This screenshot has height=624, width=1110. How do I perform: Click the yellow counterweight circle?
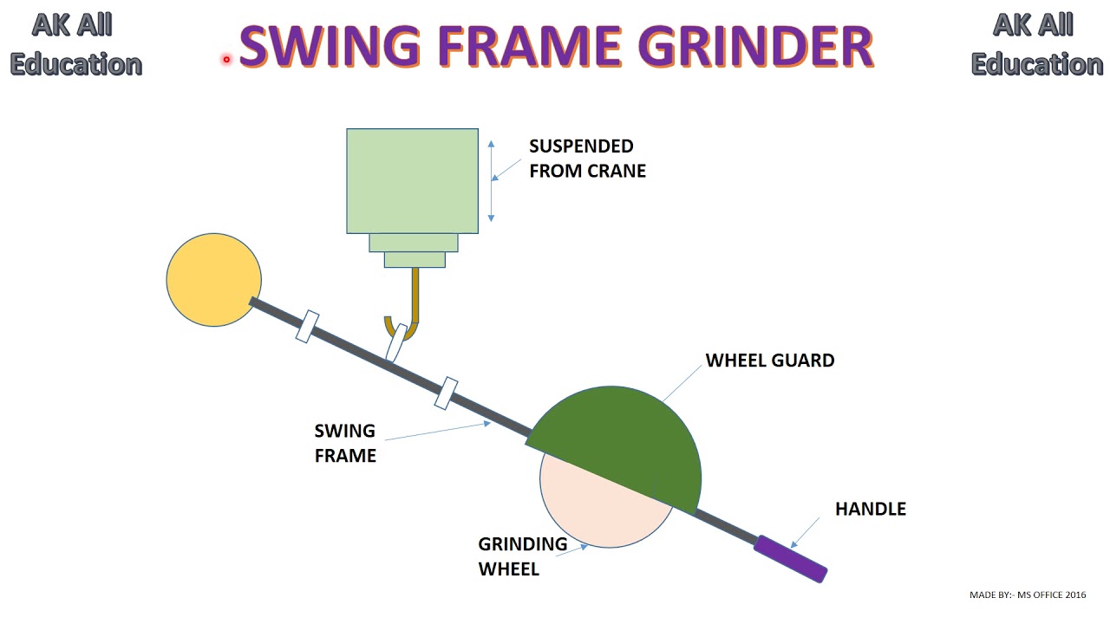(213, 280)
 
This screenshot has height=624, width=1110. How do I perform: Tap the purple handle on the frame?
(790, 558)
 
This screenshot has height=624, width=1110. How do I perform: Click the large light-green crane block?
(412, 180)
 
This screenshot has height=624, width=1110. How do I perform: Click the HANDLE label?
(870, 509)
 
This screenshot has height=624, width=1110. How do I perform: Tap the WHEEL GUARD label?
(769, 361)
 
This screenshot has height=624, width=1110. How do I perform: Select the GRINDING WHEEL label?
(522, 556)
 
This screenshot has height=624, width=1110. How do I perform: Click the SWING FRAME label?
(344, 443)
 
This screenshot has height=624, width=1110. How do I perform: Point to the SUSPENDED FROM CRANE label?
(587, 159)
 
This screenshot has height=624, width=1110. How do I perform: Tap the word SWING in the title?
(330, 47)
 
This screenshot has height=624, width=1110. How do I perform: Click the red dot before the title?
(226, 59)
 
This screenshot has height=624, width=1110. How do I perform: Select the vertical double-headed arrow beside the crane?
(491, 180)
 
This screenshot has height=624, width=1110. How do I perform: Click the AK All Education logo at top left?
(75, 45)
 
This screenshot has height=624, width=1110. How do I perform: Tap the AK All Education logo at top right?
(1036, 45)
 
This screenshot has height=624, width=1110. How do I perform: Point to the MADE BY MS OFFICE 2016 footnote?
(1027, 595)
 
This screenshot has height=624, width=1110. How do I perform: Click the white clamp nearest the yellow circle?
(307, 327)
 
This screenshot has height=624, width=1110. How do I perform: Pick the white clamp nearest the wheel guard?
(446, 393)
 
